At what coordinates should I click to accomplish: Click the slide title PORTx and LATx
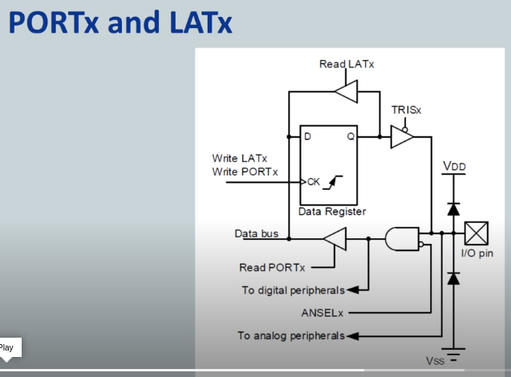(120, 23)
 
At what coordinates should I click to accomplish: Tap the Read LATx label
(347, 64)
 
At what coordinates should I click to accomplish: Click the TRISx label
(407, 110)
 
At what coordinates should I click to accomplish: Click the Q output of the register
(350, 137)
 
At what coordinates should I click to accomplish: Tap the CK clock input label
(313, 182)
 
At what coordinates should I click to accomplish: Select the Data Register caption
(332, 212)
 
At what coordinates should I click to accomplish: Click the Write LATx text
(240, 159)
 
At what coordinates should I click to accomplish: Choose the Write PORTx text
(245, 172)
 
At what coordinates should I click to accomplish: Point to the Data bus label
(256, 234)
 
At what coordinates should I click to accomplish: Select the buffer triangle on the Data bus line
(335, 238)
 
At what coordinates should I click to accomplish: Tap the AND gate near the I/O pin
(401, 238)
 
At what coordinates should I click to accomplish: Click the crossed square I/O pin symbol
(477, 233)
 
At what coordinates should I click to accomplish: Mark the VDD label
(453, 167)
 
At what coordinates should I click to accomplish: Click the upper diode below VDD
(453, 209)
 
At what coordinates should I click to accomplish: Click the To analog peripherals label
(291, 335)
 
